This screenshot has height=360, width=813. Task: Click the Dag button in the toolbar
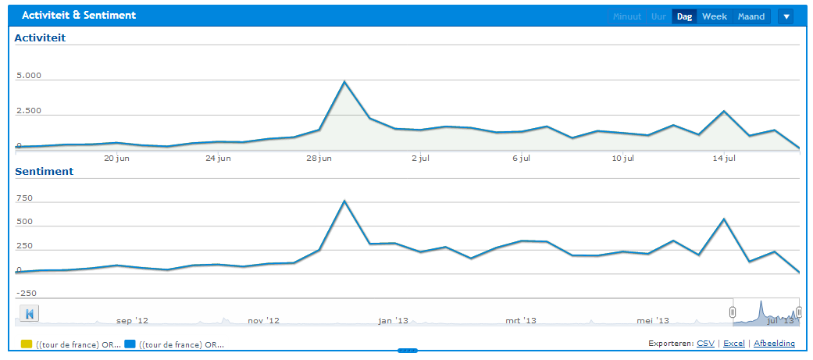684,16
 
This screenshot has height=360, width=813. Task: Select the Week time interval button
714,16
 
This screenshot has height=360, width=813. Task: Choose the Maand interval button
751,16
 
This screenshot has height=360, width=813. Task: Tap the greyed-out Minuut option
626,16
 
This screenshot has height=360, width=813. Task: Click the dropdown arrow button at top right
786,16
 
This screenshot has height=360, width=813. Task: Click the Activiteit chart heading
39,37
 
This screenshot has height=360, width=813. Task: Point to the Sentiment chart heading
44,171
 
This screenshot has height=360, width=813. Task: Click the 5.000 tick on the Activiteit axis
29,77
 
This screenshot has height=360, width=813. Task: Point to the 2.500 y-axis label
29,112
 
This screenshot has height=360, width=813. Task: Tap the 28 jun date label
319,159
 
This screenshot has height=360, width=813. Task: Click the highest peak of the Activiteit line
344,82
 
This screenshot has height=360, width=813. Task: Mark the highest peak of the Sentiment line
344,201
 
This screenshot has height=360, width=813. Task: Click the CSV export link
705,343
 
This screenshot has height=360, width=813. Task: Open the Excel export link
733,343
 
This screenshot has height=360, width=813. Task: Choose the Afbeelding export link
774,343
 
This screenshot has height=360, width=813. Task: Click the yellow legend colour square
26,344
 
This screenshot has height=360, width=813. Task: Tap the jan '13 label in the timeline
393,320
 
